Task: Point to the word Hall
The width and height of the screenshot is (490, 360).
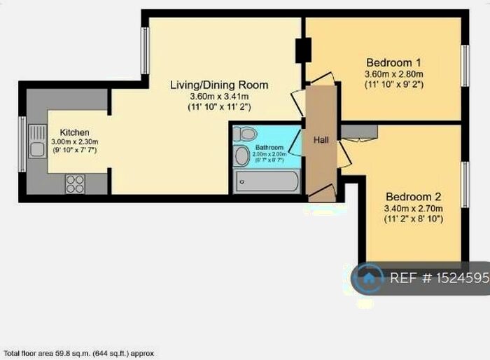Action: (321, 140)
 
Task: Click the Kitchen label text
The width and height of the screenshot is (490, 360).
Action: (74, 132)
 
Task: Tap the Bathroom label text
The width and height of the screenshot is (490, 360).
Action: (269, 148)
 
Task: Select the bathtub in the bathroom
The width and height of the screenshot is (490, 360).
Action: (267, 182)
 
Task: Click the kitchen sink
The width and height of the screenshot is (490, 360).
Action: (36, 148)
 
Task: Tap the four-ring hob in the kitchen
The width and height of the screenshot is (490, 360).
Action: (74, 184)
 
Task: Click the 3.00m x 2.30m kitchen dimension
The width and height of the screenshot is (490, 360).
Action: (74, 141)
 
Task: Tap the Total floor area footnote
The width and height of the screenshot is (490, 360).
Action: (79, 353)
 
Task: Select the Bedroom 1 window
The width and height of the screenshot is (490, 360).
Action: (464, 66)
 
